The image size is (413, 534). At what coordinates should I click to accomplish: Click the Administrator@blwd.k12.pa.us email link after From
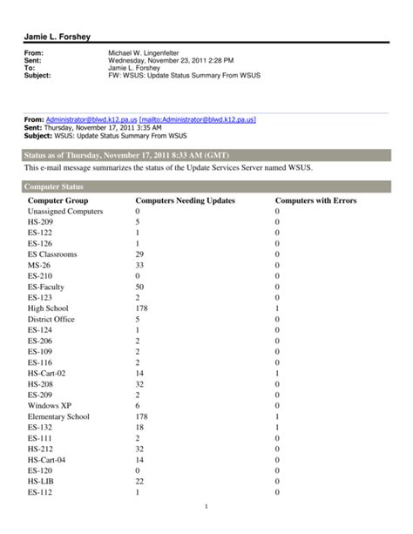(91, 119)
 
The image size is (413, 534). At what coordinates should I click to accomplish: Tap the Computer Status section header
(54, 186)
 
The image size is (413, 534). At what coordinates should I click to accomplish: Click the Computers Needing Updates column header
(185, 200)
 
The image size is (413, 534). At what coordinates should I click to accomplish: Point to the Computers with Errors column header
(315, 200)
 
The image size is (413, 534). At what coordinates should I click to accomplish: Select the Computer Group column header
(58, 200)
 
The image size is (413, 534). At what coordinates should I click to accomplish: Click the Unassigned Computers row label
(65, 212)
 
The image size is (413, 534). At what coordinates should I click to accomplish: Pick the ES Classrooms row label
(52, 254)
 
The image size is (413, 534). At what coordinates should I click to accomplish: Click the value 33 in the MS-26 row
(139, 265)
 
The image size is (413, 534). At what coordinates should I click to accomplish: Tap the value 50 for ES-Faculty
(139, 287)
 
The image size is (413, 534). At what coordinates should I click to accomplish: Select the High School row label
(48, 308)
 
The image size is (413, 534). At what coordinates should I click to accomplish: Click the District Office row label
(51, 319)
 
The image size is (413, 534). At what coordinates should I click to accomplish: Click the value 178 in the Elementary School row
(142, 416)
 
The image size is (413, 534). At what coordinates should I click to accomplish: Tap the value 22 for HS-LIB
(139, 481)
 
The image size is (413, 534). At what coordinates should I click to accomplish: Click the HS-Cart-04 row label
(47, 459)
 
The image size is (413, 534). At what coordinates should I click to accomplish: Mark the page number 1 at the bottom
(206, 507)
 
